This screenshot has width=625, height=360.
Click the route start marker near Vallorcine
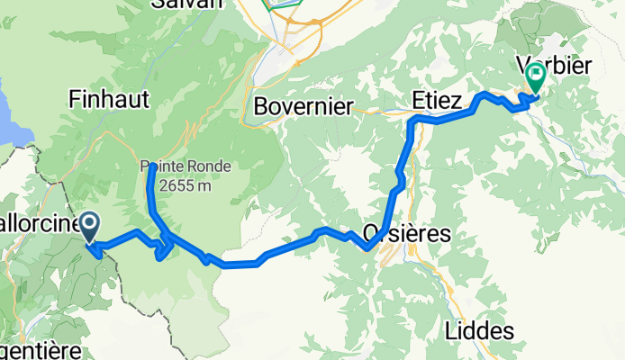click(x=90, y=226)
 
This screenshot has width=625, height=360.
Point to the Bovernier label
click(x=303, y=106)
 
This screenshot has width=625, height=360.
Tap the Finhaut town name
click(x=108, y=99)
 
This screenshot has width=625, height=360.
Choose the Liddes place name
click(x=479, y=330)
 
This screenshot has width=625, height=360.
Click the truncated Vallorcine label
click(x=36, y=221)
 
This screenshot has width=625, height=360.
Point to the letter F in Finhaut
click(x=75, y=99)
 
